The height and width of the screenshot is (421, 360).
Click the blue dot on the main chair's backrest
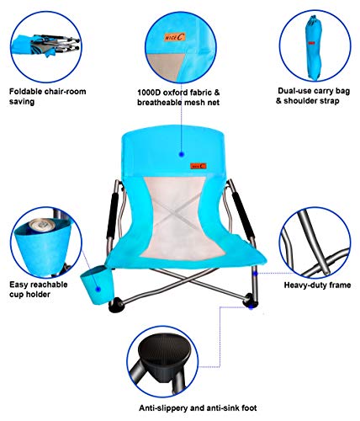[181, 154]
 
